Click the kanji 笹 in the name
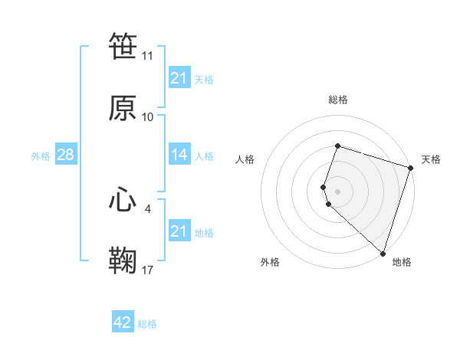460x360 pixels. click(123, 47)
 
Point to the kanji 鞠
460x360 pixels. click(123, 260)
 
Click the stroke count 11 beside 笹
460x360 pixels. click(148, 56)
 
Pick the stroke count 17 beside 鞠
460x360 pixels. click(148, 270)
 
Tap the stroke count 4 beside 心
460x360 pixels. click(148, 208)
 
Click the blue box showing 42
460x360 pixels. click(123, 322)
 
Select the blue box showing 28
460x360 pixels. click(65, 155)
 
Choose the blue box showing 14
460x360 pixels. click(179, 155)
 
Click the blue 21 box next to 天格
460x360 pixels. click(179, 78)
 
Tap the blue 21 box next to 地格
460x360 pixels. click(179, 231)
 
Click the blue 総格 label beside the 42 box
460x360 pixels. click(147, 324)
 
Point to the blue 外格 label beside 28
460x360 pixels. click(41, 156)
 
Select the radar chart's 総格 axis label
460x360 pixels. click(338, 100)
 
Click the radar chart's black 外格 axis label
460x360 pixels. click(270, 262)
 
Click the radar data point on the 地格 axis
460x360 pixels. click(383, 253)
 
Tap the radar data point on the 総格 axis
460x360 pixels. click(338, 146)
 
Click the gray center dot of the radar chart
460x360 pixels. click(338, 191)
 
